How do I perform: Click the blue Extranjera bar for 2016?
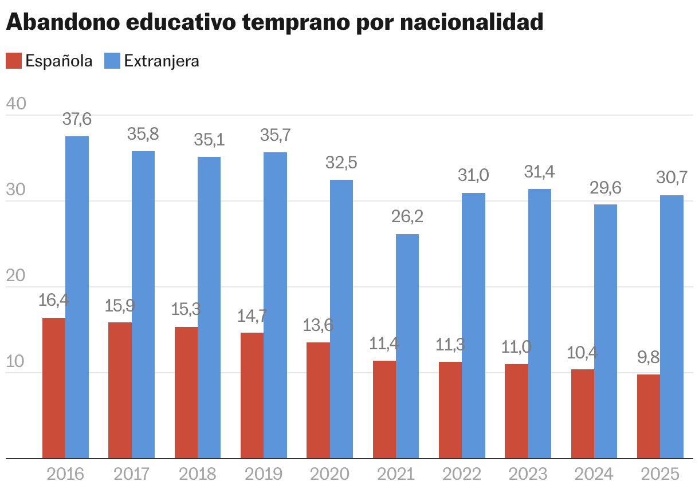[77, 297]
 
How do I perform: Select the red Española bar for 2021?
[384, 409]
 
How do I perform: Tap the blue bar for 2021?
[407, 346]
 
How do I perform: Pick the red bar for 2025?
[649, 416]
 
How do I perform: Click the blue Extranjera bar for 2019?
[275, 305]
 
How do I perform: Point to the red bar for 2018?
[186, 393]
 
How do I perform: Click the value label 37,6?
[77, 120]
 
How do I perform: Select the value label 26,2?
[407, 217]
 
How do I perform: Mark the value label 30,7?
[671, 178]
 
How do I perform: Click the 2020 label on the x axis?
[329, 474]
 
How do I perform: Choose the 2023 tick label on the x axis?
[528, 474]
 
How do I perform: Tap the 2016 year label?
[65, 474]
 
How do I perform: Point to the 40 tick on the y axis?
[16, 104]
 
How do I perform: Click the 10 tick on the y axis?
[16, 362]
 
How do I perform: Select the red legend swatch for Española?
[13, 61]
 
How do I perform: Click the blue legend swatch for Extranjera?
[112, 61]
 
